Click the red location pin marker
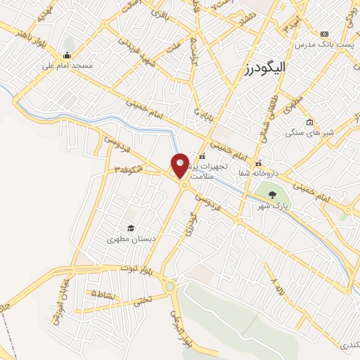click(180, 166)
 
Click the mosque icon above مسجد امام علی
click(67, 56)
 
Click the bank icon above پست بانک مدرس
click(324, 34)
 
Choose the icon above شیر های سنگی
click(310, 121)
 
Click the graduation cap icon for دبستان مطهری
click(130, 227)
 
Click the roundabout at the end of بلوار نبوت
click(169, 286)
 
